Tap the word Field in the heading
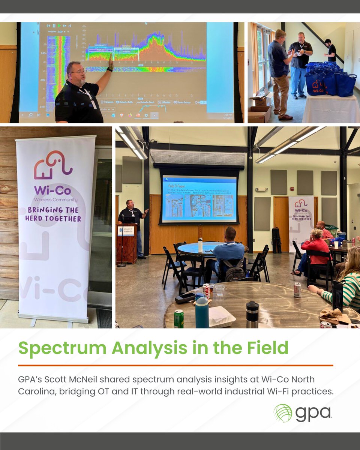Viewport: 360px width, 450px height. coord(268,348)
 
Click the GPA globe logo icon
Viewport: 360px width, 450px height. coord(283,413)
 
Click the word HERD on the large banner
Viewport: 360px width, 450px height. coord(45,218)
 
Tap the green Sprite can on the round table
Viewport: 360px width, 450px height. coord(179,318)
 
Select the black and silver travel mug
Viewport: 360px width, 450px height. coord(252,314)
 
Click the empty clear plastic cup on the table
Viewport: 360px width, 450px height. coord(219,290)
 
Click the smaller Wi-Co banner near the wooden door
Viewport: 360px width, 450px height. coord(301,221)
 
